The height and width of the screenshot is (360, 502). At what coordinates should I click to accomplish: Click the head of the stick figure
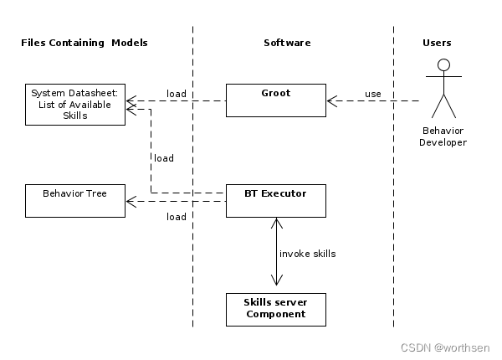pos(443,65)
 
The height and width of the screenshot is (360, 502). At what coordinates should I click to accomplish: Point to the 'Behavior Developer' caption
pos(443,136)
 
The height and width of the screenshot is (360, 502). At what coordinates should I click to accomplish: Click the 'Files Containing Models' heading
pos(85,43)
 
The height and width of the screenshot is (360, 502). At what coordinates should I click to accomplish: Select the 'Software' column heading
pos(287,43)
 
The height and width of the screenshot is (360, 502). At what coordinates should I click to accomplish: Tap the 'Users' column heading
pos(437,43)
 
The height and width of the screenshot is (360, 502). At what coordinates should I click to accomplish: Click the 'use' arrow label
pos(373,94)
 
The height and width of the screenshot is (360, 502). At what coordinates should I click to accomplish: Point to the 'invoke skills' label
pos(308,254)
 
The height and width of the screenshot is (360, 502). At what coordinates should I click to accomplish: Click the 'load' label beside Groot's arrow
pos(177,94)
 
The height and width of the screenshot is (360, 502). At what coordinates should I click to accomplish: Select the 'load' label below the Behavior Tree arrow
pos(177,217)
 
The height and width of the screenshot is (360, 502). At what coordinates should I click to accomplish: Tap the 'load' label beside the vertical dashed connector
pos(164,158)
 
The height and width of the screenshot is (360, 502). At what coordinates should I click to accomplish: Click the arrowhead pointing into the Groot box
pos(331,101)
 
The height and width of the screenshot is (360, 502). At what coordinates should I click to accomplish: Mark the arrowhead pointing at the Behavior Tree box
pos(131,202)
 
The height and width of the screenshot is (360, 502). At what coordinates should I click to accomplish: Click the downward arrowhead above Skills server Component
pos(277,280)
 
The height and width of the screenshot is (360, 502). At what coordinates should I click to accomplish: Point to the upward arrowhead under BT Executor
pos(277,224)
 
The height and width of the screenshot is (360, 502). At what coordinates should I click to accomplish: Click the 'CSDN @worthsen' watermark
pos(445,347)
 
